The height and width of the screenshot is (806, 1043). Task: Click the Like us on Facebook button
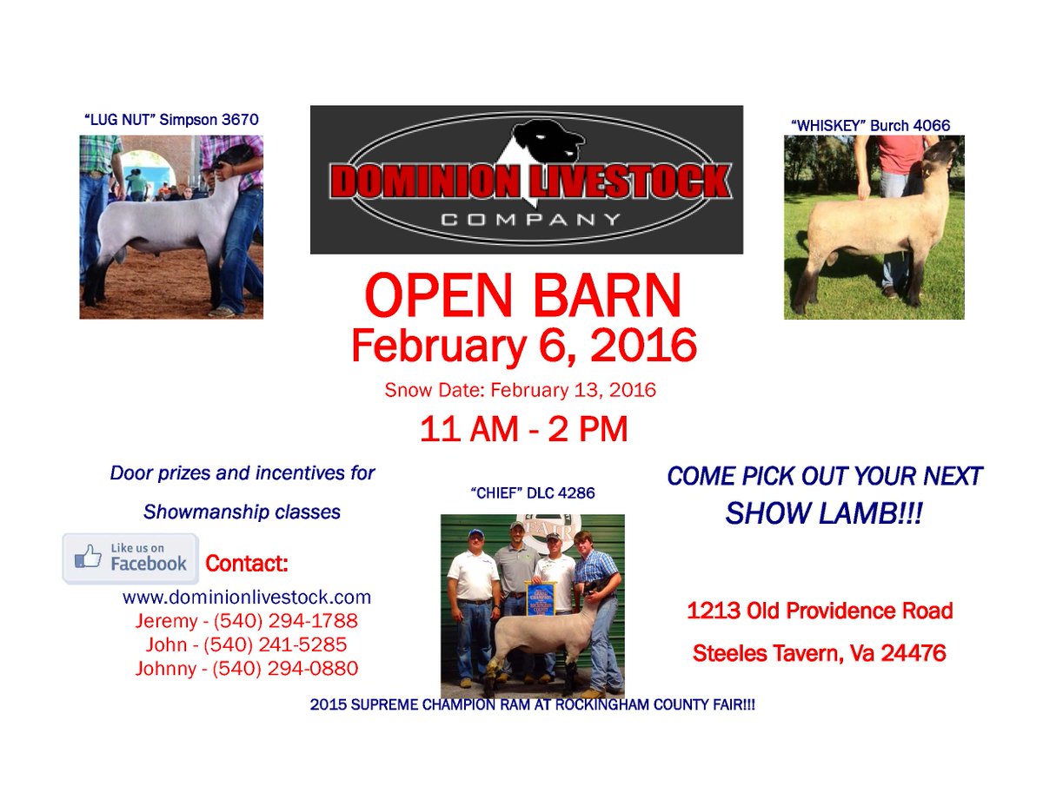point(130,558)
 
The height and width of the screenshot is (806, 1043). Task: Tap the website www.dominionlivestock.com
point(247,598)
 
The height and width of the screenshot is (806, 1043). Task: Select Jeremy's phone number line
point(247,622)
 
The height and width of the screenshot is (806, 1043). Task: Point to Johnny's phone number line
point(247,669)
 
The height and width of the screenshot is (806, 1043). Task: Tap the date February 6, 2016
point(523,346)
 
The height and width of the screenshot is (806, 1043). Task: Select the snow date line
point(520,390)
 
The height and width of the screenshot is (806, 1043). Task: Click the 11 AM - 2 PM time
point(523,430)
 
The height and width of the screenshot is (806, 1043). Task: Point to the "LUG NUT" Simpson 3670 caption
point(171,119)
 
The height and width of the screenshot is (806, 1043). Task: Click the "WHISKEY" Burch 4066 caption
point(870,126)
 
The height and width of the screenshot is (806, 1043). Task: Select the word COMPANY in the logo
point(531,220)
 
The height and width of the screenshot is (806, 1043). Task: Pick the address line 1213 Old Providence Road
point(820,611)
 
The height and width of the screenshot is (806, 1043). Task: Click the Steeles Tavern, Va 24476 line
point(819,653)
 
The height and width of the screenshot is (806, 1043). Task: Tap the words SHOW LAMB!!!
point(823,514)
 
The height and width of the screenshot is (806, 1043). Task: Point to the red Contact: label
point(246,564)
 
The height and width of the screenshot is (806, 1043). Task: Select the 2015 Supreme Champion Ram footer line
point(532,706)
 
